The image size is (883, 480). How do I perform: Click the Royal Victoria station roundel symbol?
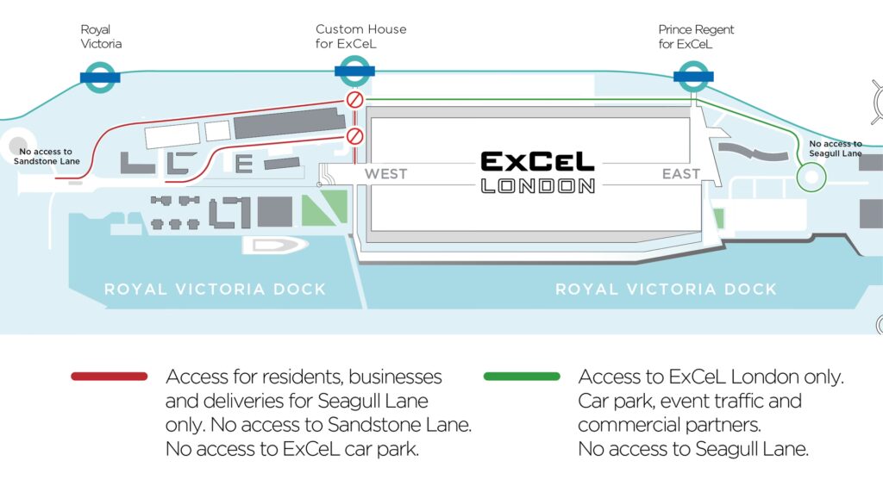click(99, 78)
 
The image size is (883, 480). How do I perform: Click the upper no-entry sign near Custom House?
click(354, 100)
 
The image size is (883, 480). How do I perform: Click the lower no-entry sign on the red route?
click(354, 136)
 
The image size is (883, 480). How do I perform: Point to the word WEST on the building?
click(385, 174)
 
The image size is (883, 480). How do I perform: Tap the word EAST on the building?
click(681, 174)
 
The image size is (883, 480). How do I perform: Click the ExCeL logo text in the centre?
click(537, 161)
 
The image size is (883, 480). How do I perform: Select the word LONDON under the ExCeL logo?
click(537, 185)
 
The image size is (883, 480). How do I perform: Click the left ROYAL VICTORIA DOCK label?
click(216, 290)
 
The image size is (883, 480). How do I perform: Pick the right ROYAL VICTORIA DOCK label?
click(666, 290)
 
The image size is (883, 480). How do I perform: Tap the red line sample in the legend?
click(110, 376)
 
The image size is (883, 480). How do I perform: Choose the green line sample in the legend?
click(523, 376)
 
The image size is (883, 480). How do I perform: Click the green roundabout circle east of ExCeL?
click(811, 178)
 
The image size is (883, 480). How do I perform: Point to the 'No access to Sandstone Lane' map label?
click(52, 156)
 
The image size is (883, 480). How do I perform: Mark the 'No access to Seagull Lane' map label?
click(835, 148)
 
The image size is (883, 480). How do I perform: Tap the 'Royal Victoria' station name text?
click(101, 37)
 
